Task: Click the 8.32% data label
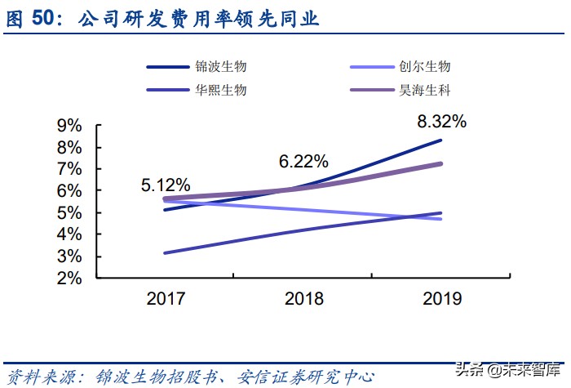point(441,122)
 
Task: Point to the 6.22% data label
point(303,162)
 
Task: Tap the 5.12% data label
point(166,185)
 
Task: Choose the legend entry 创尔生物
point(424,67)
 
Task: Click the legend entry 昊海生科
point(424,90)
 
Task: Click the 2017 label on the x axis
point(166,298)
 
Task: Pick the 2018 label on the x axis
point(303,298)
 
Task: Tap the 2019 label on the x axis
point(441,298)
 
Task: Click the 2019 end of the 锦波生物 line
point(441,140)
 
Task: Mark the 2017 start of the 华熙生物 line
point(166,252)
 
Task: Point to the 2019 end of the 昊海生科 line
point(441,163)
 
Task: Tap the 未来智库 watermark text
point(533,370)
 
